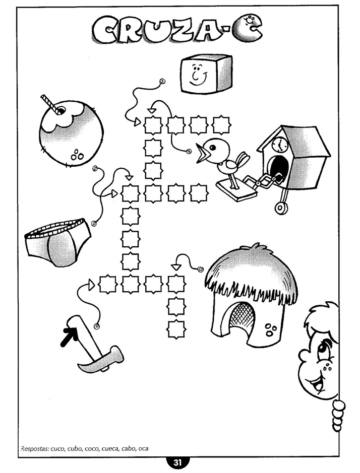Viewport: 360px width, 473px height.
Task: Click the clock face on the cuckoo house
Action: (x=279, y=144)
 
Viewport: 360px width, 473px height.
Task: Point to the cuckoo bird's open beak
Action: (x=202, y=153)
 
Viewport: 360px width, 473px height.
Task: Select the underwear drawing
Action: (x=57, y=241)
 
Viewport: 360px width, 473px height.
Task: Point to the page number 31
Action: (x=177, y=462)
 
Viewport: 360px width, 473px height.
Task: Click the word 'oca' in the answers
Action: (x=143, y=448)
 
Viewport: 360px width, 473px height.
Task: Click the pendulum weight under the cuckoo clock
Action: (x=281, y=208)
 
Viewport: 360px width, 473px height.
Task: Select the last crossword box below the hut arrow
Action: (x=176, y=329)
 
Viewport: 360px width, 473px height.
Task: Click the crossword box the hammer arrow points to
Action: (x=107, y=284)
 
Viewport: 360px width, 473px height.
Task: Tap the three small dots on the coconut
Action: (x=77, y=155)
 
